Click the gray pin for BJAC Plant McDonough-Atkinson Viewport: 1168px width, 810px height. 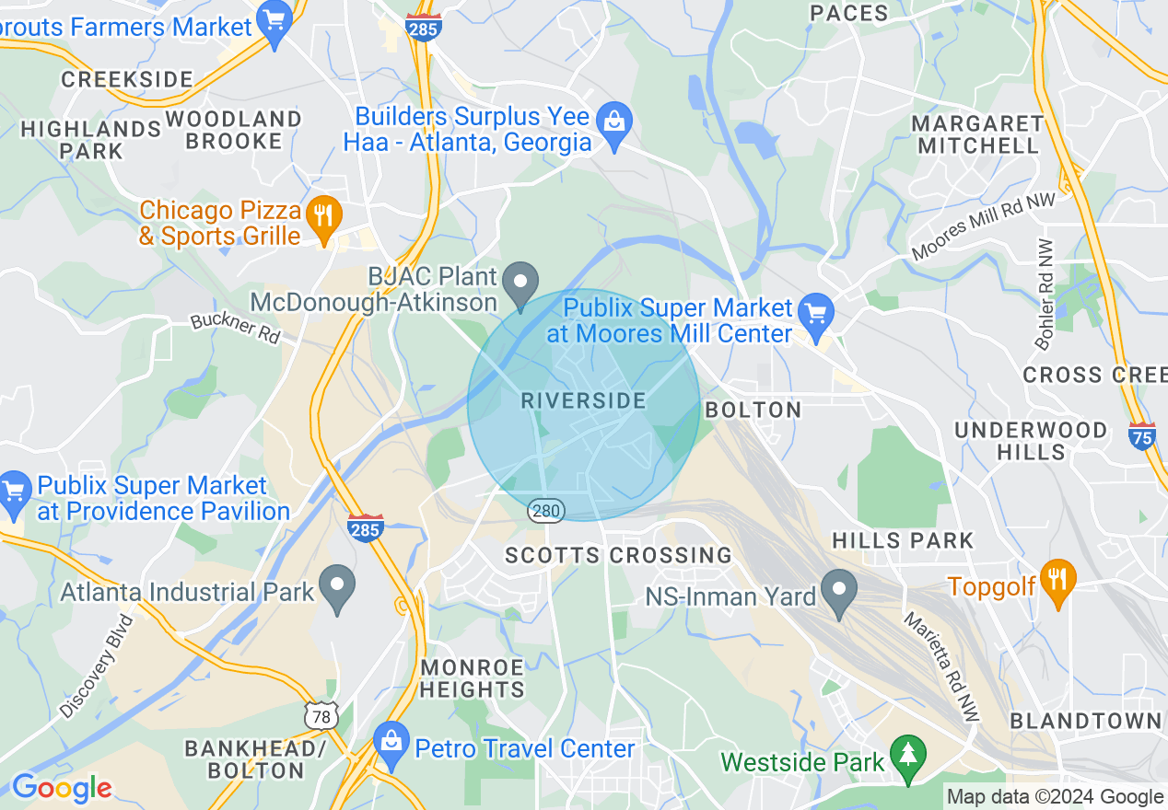(x=523, y=283)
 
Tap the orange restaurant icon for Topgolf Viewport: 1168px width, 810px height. (x=1057, y=580)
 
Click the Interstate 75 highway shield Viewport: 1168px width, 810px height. (x=1142, y=434)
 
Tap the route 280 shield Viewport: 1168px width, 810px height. (x=545, y=509)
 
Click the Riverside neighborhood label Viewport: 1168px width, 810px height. (x=583, y=400)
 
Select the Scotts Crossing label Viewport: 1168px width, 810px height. (x=618, y=555)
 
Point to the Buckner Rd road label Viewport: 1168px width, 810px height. (x=235, y=329)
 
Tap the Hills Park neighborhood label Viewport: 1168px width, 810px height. (x=903, y=540)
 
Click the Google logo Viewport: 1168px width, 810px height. (x=61, y=789)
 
